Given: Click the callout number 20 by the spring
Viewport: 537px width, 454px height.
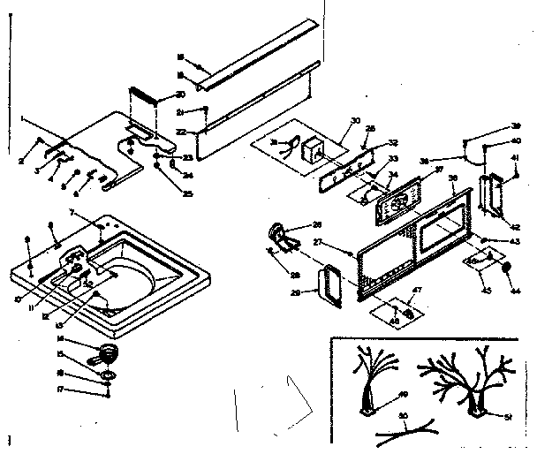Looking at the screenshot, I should coord(180,95).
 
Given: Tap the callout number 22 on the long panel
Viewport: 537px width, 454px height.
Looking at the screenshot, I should coord(181,132).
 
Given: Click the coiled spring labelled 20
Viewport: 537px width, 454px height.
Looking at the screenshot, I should coord(143,100).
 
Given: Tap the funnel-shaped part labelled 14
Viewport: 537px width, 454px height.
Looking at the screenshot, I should coord(107,353).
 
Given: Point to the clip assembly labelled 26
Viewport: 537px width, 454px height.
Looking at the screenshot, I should coord(281,235).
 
